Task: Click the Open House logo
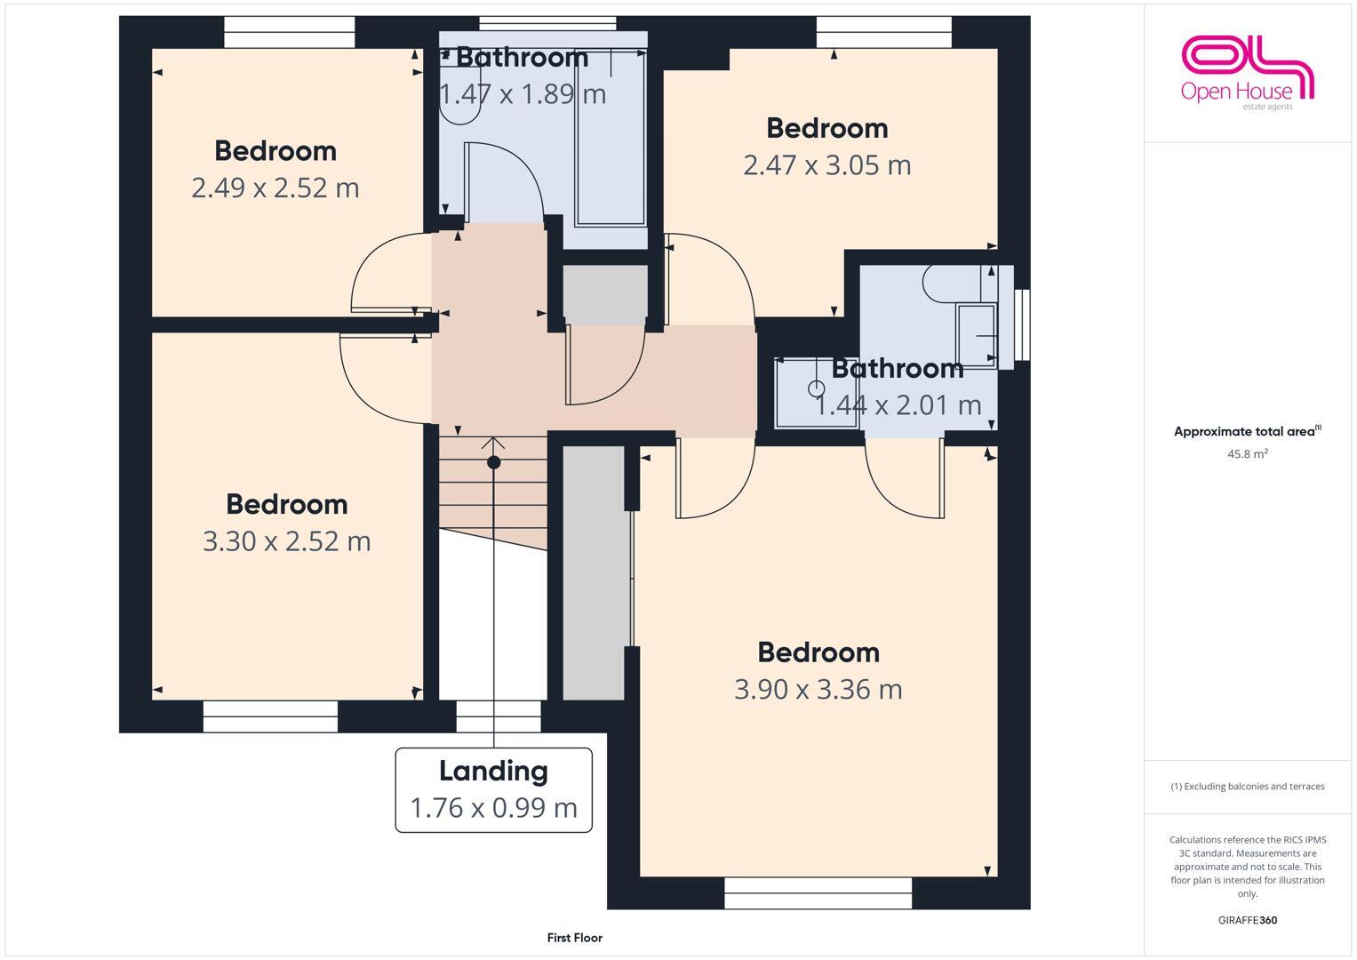click(x=1247, y=72)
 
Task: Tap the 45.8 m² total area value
click(x=1247, y=453)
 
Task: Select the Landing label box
click(x=493, y=789)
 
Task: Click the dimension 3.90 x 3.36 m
click(x=818, y=689)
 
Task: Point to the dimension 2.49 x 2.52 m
click(x=275, y=188)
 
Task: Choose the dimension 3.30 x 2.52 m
click(x=286, y=540)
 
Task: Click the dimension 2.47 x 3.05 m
click(x=826, y=165)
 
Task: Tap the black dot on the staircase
click(x=494, y=462)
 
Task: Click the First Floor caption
click(x=574, y=938)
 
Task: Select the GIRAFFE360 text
click(x=1247, y=920)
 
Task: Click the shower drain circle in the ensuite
click(x=816, y=388)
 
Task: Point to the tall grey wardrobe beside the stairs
click(x=594, y=573)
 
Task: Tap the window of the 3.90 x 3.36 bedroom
click(x=818, y=892)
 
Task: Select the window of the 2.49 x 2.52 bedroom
click(x=289, y=32)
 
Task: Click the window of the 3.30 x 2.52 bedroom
click(x=270, y=716)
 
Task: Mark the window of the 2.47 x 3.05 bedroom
click(x=883, y=32)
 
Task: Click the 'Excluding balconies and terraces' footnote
click(x=1247, y=787)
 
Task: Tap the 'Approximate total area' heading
click(x=1247, y=432)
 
